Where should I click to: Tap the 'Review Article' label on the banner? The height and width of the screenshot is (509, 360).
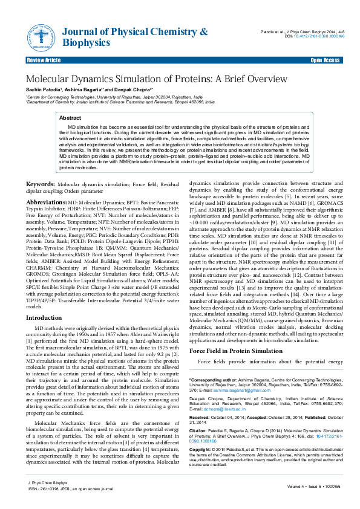coord(44,61)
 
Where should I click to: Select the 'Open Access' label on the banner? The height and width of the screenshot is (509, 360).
coord(325,61)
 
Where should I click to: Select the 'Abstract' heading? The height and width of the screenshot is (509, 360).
coord(70,118)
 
